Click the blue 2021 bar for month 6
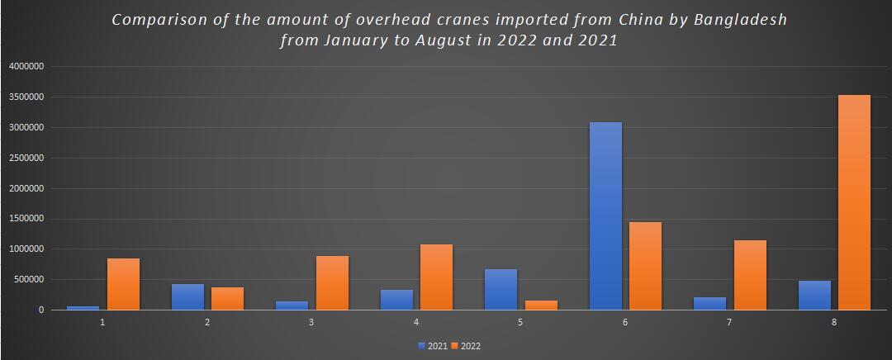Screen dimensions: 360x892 click(605, 216)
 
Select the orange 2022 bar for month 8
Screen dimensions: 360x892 click(854, 202)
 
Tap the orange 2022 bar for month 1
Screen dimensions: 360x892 click(123, 284)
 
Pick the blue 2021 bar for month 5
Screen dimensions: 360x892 click(501, 289)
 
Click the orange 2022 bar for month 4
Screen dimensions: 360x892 click(436, 277)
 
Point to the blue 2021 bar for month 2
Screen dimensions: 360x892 click(187, 296)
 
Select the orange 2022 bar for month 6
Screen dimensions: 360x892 click(645, 266)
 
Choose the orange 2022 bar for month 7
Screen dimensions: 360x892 click(750, 275)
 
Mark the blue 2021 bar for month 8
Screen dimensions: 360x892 click(814, 295)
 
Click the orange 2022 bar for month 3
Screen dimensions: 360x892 click(332, 282)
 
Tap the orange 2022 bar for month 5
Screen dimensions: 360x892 click(541, 305)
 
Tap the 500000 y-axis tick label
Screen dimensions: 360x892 click(29, 280)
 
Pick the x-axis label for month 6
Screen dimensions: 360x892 click(625, 322)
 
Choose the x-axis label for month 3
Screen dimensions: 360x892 click(311, 322)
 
